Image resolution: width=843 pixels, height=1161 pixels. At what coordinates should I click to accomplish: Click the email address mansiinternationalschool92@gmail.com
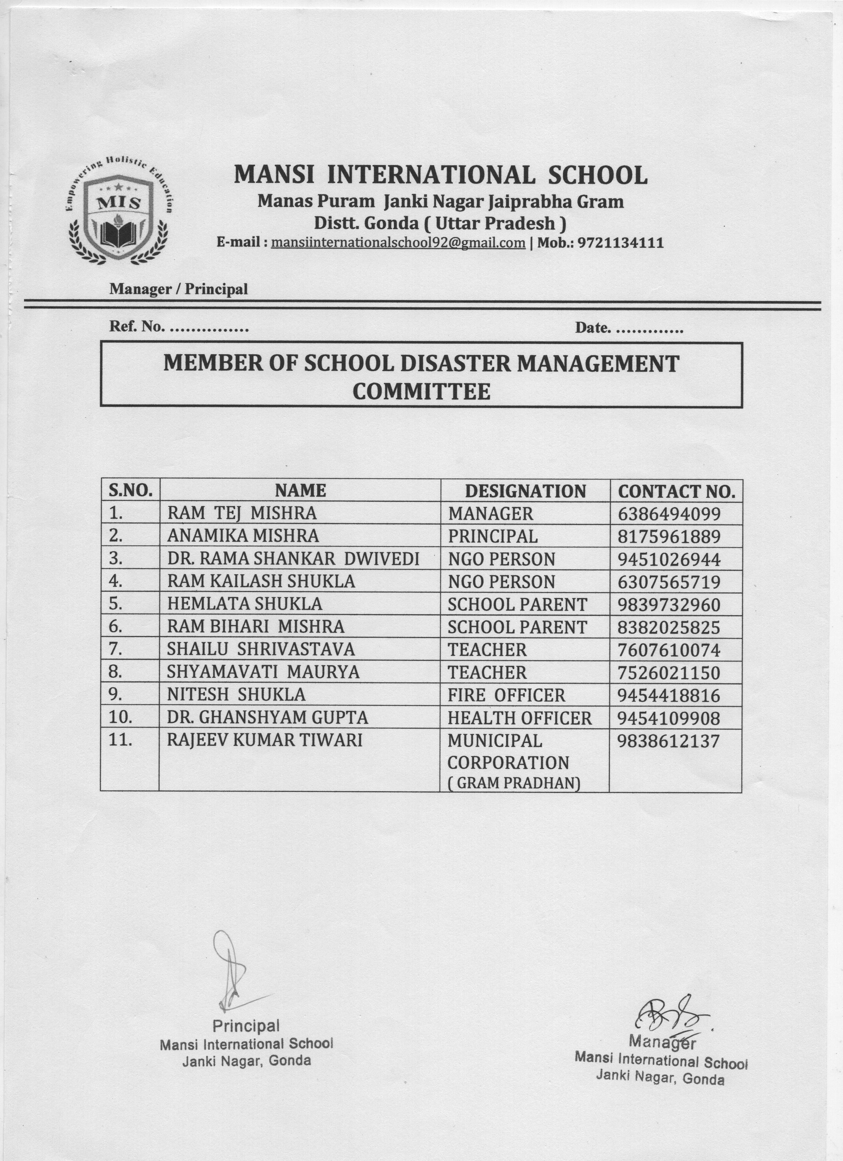[x=398, y=243]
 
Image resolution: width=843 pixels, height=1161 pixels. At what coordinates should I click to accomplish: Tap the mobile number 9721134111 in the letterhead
[x=621, y=243]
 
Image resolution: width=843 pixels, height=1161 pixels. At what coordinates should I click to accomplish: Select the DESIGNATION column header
[x=525, y=491]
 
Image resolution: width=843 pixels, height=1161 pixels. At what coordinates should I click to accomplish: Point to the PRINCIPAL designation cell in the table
[x=493, y=536]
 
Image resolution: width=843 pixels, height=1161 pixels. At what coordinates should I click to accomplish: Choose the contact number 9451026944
[x=668, y=559]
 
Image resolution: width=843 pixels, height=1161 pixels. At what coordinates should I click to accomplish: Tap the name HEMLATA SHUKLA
[x=245, y=604]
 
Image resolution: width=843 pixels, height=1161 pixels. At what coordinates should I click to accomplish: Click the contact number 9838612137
[x=668, y=741]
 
